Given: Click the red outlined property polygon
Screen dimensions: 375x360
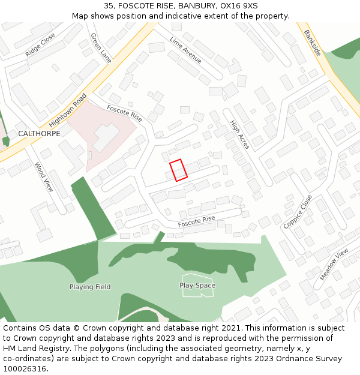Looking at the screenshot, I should click(x=178, y=170).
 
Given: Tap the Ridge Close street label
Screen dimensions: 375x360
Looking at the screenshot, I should click(x=40, y=45).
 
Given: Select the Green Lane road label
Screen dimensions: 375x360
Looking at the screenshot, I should click(x=101, y=47).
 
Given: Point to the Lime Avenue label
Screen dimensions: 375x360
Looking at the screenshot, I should click(x=185, y=50).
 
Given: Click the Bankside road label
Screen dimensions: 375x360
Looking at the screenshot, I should click(x=312, y=43).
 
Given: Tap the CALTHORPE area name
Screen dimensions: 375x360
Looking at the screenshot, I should click(x=39, y=133).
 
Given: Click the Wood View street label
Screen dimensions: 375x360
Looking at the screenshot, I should click(x=44, y=177).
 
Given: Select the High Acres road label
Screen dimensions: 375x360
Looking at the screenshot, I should click(x=239, y=134).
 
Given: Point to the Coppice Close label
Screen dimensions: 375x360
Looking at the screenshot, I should click(x=298, y=211).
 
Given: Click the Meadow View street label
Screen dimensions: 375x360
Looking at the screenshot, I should click(x=334, y=265).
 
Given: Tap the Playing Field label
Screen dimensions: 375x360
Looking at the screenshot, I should click(x=90, y=287).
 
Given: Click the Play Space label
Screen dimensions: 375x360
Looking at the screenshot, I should click(x=197, y=286).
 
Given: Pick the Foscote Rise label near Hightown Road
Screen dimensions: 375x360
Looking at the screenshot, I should click(x=124, y=113).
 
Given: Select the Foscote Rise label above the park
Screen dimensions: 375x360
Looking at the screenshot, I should click(x=196, y=221).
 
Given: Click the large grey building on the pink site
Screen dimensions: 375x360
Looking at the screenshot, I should click(x=106, y=137).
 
